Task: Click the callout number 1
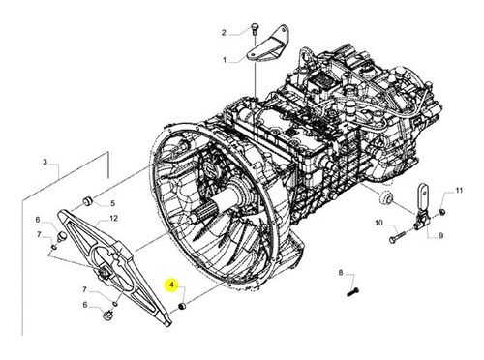pyautogui.click(x=225, y=60)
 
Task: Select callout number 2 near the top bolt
pyautogui.click(x=224, y=33)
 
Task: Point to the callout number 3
pyautogui.click(x=45, y=162)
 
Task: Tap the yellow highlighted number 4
pyautogui.click(x=172, y=285)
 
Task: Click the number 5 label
pyautogui.click(x=112, y=203)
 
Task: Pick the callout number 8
pyautogui.click(x=341, y=273)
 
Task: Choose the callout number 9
pyautogui.click(x=440, y=236)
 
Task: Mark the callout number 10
pyautogui.click(x=378, y=223)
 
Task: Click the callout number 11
pyautogui.click(x=459, y=191)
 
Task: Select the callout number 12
pyautogui.click(x=113, y=219)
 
